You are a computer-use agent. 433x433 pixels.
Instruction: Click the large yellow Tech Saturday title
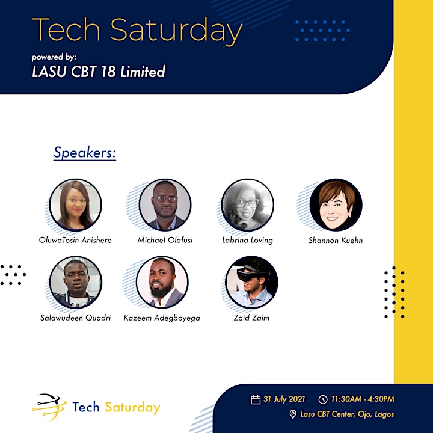click(x=137, y=31)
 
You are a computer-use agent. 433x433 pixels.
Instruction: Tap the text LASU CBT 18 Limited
click(x=99, y=72)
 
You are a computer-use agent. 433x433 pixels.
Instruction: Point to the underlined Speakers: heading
click(x=85, y=153)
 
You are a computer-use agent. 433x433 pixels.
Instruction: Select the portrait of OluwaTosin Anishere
click(x=75, y=205)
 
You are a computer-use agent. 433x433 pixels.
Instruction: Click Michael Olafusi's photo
click(x=165, y=205)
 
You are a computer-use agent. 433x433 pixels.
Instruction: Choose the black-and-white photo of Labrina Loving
click(x=247, y=205)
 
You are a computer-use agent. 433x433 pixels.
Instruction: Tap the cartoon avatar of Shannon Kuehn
click(x=336, y=205)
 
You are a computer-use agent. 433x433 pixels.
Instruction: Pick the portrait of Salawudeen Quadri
click(x=76, y=282)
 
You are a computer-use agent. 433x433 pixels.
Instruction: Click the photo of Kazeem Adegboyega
click(x=162, y=282)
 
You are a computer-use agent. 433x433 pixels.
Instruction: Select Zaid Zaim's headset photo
click(x=251, y=282)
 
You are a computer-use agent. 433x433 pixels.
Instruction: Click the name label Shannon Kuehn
click(x=336, y=240)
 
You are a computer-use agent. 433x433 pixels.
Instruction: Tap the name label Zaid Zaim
click(x=251, y=318)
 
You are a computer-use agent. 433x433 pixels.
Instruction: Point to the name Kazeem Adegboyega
click(x=162, y=318)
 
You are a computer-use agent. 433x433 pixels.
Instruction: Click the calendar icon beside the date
click(x=256, y=399)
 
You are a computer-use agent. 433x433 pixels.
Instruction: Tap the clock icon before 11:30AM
click(x=323, y=399)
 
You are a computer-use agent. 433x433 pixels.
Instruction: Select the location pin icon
click(x=293, y=414)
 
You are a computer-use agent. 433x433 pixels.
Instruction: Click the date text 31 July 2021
click(x=284, y=399)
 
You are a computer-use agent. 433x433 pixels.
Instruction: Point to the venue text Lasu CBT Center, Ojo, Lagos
click(x=347, y=414)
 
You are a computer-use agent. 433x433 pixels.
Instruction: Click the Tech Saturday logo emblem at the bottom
click(x=49, y=407)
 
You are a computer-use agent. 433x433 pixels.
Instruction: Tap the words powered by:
click(x=54, y=57)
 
